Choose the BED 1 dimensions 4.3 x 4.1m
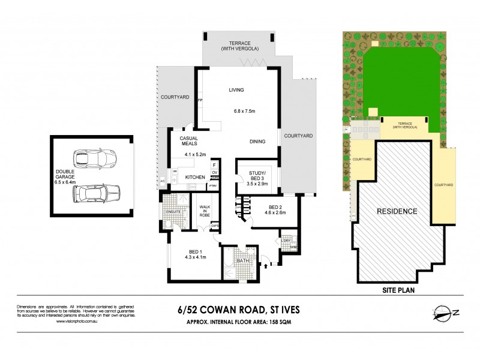(196, 257)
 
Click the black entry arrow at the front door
(264, 262)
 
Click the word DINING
(258, 142)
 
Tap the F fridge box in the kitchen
(214, 164)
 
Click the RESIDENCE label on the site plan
(397, 211)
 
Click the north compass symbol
(445, 312)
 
